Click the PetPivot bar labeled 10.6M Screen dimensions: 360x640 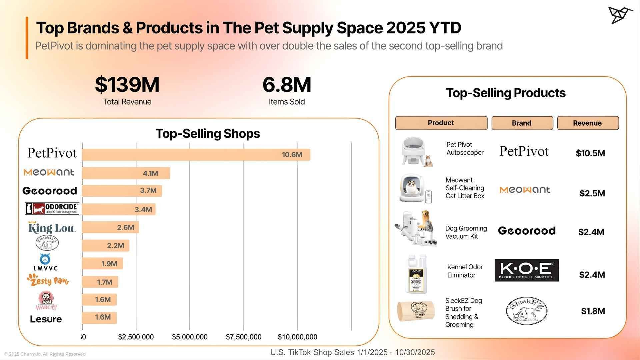pyautogui.click(x=196, y=155)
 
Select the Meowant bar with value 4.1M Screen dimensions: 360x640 pyautogui.click(x=126, y=173)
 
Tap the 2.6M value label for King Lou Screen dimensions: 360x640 pyautogui.click(x=125, y=227)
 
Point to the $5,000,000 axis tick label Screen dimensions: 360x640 pyautogui.click(x=190, y=337)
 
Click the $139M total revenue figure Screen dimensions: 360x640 pyautogui.click(x=127, y=85)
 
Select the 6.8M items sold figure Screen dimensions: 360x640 pyautogui.click(x=287, y=85)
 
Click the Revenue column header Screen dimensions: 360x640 pyautogui.click(x=588, y=123)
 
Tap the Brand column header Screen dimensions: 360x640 pyautogui.click(x=522, y=123)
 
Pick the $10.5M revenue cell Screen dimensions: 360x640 pyautogui.click(x=590, y=153)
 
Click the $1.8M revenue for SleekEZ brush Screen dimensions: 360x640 pyautogui.click(x=593, y=311)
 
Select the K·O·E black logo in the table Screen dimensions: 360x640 pyautogui.click(x=526, y=270)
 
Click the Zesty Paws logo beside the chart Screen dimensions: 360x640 pyautogui.click(x=49, y=280)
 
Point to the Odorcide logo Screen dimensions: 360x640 pyautogui.click(x=52, y=209)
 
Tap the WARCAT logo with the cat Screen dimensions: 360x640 pyautogui.click(x=46, y=301)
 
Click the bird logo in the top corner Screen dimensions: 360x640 pyautogui.click(x=620, y=15)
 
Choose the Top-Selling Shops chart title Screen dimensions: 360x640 pyautogui.click(x=208, y=134)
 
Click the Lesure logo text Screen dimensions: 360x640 pyautogui.click(x=46, y=319)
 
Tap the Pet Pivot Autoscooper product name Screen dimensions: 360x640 pyautogui.click(x=465, y=149)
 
